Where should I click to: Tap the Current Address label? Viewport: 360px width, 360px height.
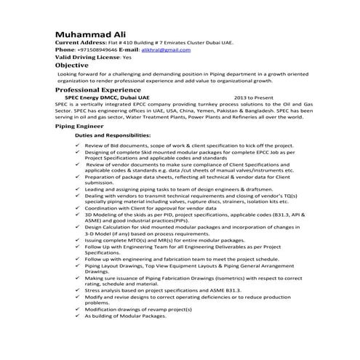pyautogui.click(x=81, y=43)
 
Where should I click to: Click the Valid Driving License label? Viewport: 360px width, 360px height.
pyautogui.click(x=88, y=57)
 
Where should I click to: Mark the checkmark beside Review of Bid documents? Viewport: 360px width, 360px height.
pyautogui.click(x=78, y=145)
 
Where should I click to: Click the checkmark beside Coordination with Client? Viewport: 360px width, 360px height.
pyautogui.click(x=78, y=209)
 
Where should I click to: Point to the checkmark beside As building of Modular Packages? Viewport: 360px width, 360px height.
pyautogui.click(x=78, y=316)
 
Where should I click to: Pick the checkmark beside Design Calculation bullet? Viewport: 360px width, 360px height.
pyautogui.click(x=78, y=227)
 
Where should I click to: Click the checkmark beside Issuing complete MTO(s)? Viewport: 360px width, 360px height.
pyautogui.click(x=78, y=239)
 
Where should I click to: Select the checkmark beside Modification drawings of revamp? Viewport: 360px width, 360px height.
pyautogui.click(x=78, y=309)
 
